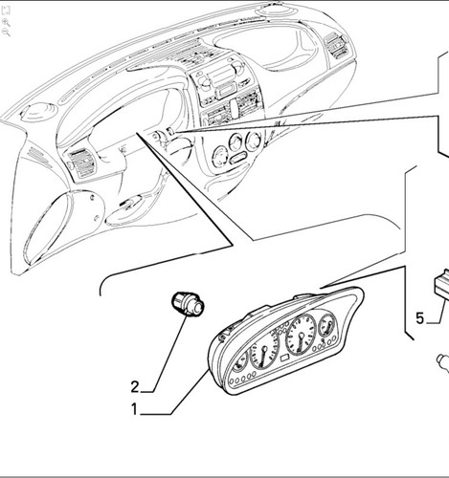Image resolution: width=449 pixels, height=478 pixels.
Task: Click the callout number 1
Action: [x=134, y=409]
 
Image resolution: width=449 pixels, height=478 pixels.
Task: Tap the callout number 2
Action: [x=135, y=387]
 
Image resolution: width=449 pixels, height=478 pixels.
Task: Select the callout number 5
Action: [x=420, y=318]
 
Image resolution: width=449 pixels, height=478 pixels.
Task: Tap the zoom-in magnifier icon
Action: [x=6, y=22]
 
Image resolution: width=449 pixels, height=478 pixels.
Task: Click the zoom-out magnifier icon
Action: [x=6, y=32]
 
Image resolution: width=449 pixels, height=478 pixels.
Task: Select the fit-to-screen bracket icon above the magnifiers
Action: [x=6, y=11]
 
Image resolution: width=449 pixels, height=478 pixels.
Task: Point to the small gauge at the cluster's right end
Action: [x=327, y=326]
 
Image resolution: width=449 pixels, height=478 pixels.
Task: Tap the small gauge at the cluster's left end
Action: [x=240, y=360]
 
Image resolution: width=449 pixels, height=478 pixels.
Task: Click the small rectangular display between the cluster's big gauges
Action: [x=284, y=358]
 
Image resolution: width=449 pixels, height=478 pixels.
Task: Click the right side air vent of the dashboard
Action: [x=336, y=47]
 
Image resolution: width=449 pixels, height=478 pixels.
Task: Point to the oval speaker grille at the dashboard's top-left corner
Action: [x=39, y=111]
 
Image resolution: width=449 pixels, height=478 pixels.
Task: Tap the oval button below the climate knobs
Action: [x=239, y=158]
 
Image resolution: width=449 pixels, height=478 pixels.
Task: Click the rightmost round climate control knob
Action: [x=254, y=141]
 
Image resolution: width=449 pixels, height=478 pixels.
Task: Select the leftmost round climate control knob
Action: [x=220, y=156]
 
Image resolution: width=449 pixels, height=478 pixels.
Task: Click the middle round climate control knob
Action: [x=236, y=142]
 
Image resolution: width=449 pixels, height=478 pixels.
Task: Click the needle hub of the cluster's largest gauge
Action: [x=301, y=336]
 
